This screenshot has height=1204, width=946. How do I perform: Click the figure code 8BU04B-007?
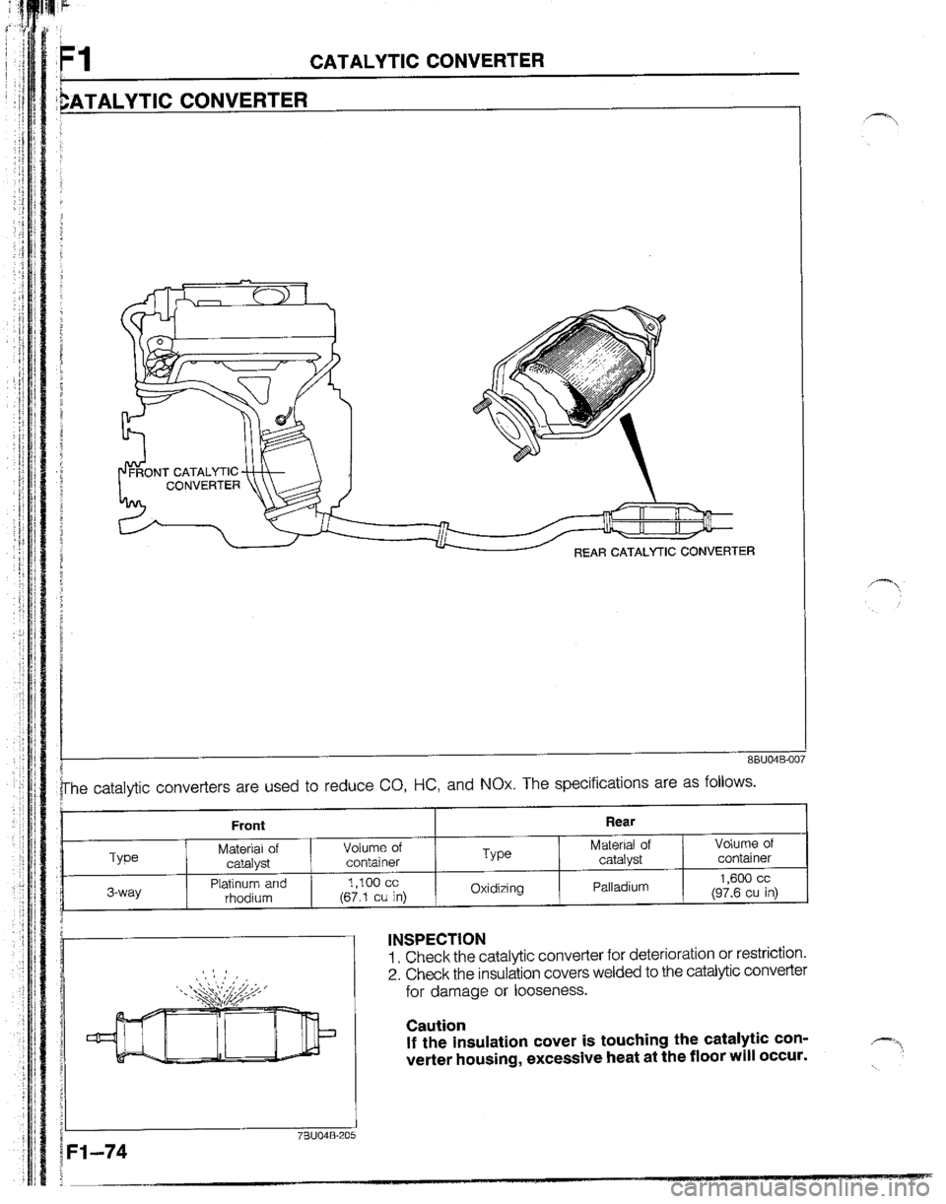(x=773, y=731)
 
